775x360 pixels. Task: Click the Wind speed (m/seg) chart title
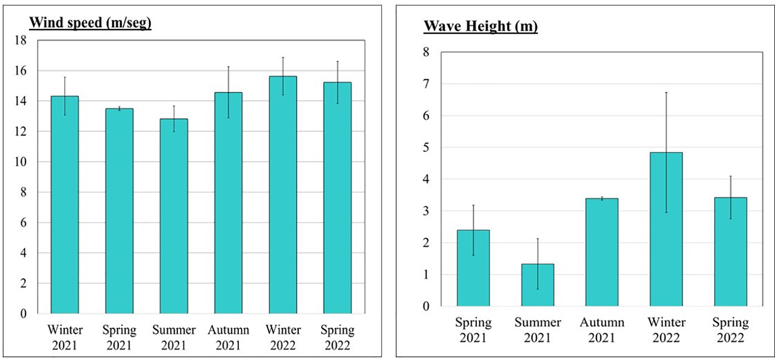pos(90,22)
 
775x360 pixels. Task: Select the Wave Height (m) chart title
pos(480,26)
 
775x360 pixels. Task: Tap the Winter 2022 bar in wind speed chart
pos(283,195)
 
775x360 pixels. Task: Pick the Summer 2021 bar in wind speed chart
pos(174,216)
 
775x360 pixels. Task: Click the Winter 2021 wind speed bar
pos(65,204)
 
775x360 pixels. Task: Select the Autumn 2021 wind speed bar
pos(228,202)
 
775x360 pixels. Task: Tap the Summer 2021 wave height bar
pos(537,285)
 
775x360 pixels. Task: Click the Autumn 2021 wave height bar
pos(602,252)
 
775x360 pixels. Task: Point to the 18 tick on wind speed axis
pos(21,40)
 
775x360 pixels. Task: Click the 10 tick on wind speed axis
pos(21,162)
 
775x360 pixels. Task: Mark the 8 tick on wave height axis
pos(425,52)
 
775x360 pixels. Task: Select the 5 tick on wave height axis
pos(425,147)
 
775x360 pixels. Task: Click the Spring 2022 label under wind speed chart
pos(337,337)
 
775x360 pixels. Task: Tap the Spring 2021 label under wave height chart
pos(473,330)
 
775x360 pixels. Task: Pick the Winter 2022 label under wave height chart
pos(666,330)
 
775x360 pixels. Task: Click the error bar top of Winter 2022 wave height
pos(666,93)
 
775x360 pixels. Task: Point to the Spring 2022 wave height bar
pos(730,252)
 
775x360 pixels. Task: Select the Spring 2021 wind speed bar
pos(119,211)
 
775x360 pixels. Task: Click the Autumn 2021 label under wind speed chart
pos(228,337)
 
